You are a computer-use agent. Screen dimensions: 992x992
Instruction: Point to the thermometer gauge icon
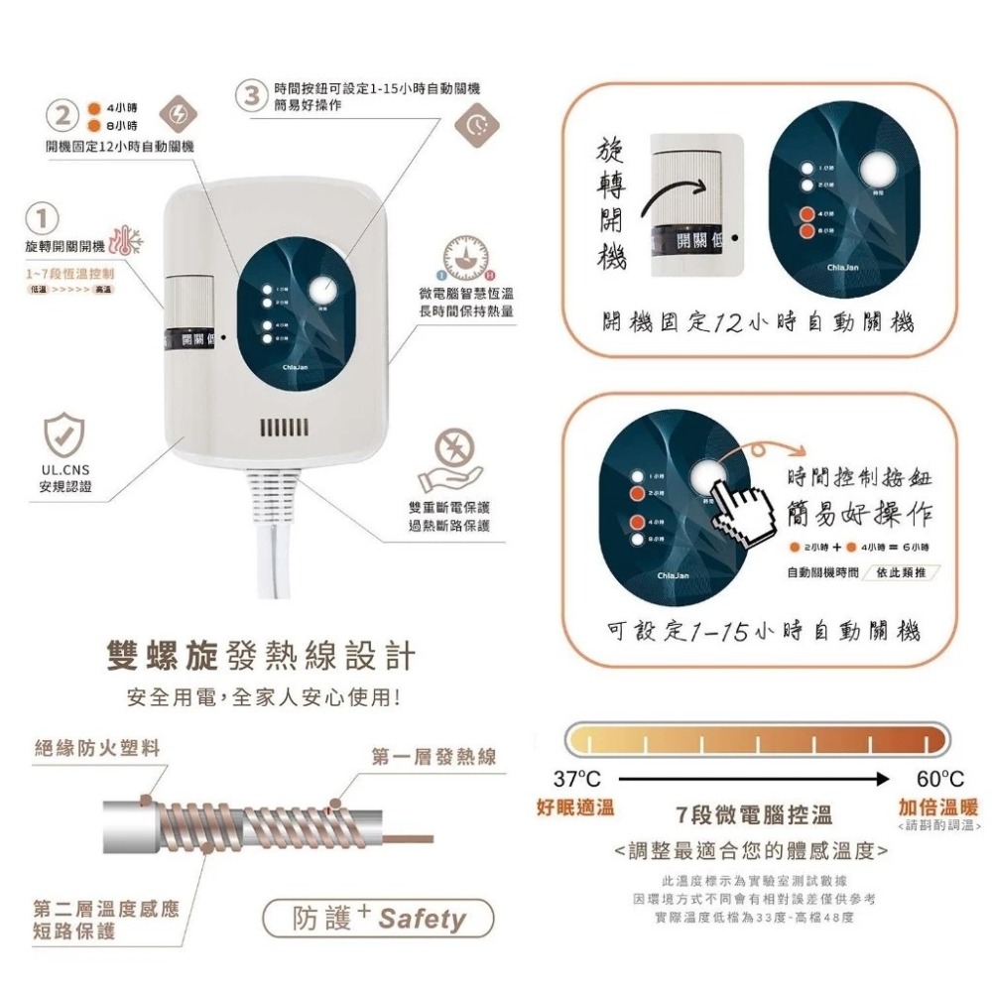[x=463, y=257]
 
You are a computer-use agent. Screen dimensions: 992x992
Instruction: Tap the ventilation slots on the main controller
[x=286, y=428]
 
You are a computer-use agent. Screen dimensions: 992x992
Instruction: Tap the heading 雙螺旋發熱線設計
[x=261, y=656]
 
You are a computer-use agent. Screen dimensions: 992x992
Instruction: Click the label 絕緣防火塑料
[x=97, y=747]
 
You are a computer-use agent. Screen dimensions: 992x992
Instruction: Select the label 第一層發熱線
[x=434, y=757]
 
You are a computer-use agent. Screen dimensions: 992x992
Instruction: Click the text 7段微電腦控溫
[x=753, y=815]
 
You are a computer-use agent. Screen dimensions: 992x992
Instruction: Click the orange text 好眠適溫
[x=574, y=806]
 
